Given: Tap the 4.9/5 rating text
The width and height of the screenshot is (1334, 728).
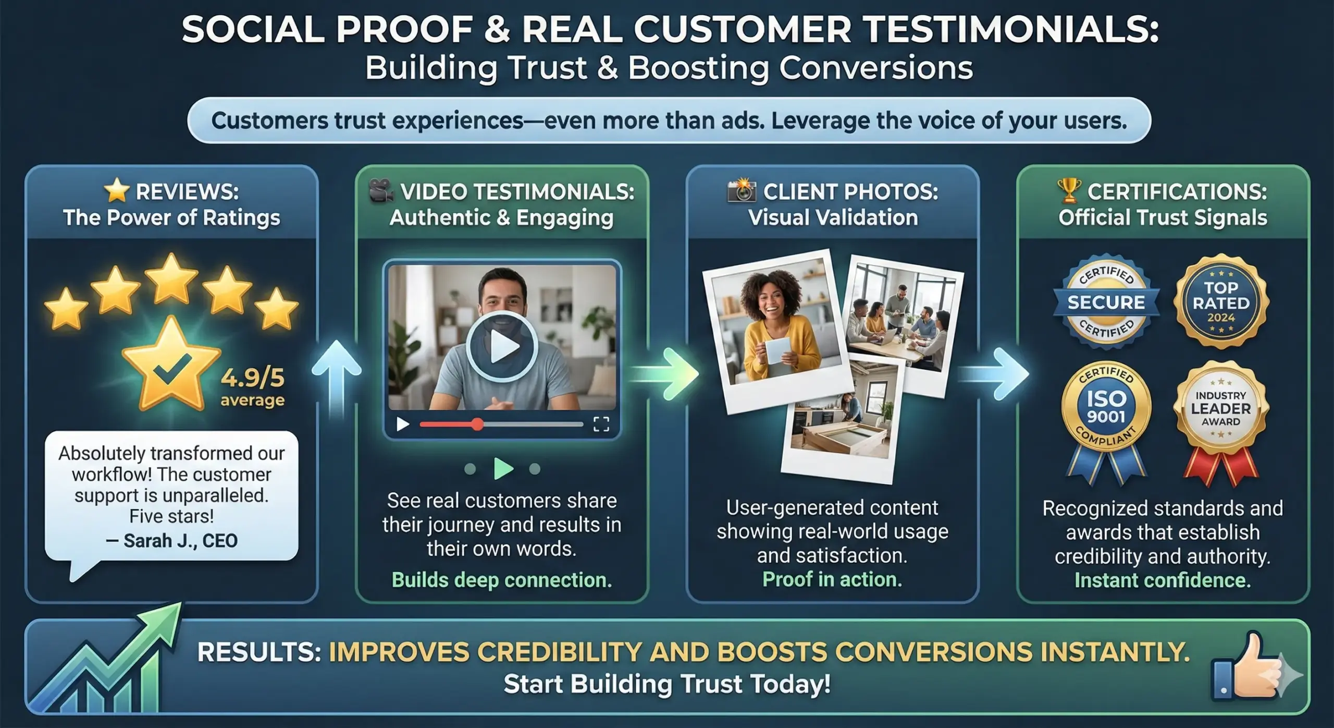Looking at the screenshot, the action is coord(253,377).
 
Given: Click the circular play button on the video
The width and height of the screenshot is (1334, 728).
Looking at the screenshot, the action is coord(501,346).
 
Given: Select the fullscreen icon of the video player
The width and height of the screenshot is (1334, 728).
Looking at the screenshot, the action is coord(601,424).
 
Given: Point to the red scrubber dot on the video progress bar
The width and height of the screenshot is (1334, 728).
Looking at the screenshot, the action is coord(477,424).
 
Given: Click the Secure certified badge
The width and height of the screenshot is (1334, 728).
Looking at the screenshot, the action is coord(1106,302).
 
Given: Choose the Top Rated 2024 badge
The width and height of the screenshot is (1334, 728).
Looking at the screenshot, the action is coord(1221,302).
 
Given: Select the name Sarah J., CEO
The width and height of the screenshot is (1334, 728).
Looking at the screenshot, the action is coord(171,541).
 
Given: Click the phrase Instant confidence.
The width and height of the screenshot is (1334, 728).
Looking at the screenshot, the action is coord(1163,580).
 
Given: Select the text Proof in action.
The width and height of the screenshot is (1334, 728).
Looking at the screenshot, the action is coord(832,579).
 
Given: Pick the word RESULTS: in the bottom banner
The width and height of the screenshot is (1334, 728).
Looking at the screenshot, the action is coord(259,652).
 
